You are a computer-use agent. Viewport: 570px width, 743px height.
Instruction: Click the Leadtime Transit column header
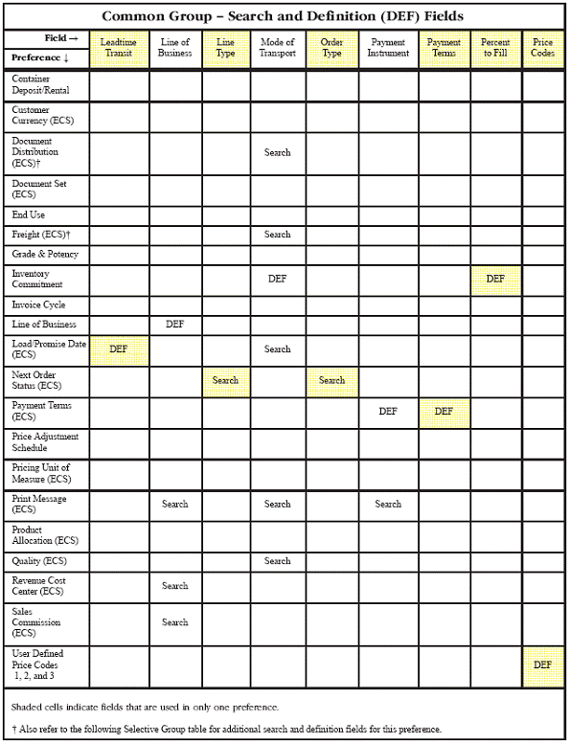click(x=119, y=48)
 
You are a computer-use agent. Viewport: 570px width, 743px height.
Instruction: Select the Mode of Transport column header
click(x=278, y=48)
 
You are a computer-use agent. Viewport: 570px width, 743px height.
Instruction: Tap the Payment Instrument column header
click(x=388, y=48)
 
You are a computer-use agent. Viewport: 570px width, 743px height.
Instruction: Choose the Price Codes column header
click(x=542, y=48)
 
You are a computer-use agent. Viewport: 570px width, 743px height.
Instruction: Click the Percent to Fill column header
click(x=495, y=48)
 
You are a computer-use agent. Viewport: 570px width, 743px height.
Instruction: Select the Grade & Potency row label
click(x=45, y=255)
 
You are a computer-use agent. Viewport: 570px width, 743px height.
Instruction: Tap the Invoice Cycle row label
click(x=38, y=304)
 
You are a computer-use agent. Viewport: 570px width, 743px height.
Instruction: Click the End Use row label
click(x=29, y=215)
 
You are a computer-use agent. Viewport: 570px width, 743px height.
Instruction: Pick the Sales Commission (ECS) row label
click(x=38, y=621)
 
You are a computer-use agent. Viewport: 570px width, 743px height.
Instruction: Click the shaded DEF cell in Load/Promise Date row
click(x=118, y=349)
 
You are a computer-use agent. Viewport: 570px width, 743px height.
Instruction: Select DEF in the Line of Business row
click(x=174, y=325)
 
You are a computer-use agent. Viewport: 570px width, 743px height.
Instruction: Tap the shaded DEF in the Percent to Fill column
click(x=495, y=279)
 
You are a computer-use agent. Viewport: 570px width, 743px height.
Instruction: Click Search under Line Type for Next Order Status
click(x=225, y=380)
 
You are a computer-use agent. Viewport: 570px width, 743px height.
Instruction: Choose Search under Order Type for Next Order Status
click(x=331, y=380)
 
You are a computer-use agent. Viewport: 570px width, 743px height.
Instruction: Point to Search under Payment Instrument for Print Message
click(x=388, y=504)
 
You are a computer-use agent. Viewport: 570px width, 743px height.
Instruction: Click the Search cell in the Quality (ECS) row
click(x=278, y=561)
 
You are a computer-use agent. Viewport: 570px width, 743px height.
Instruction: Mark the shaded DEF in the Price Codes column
click(x=542, y=664)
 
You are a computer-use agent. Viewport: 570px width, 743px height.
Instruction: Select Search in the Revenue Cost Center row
click(x=174, y=586)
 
